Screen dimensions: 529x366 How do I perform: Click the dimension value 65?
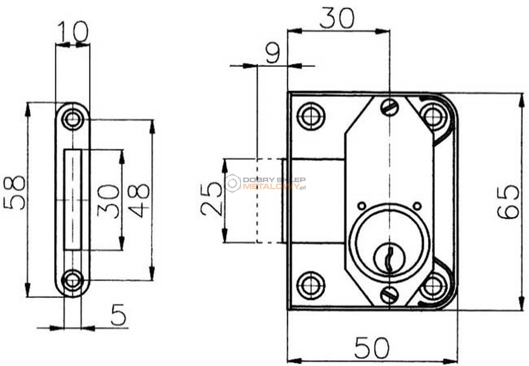(508, 202)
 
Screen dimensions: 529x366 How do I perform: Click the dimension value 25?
(211, 199)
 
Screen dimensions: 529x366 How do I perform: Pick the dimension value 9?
(273, 53)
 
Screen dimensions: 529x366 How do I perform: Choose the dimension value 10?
(74, 31)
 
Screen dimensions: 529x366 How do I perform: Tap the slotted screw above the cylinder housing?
(390, 107)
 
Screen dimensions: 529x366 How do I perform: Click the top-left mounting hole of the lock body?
(311, 116)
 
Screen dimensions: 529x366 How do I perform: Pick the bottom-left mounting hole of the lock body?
(311, 285)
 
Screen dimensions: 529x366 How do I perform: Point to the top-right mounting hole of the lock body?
(434, 116)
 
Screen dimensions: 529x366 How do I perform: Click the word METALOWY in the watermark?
(271, 187)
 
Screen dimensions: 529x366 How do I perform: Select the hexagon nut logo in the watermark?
(233, 183)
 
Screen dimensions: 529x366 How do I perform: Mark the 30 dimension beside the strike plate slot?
(108, 201)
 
